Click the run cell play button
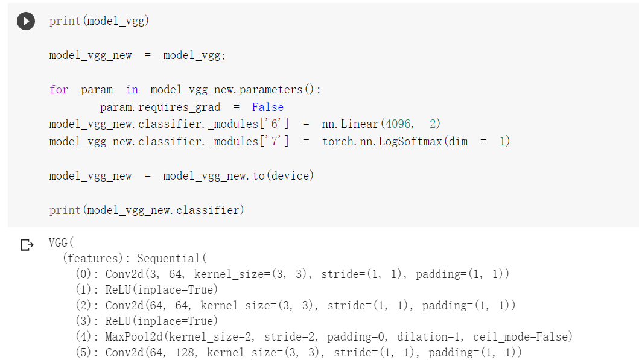click(x=25, y=22)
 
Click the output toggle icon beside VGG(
click(x=27, y=245)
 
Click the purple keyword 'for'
click(x=59, y=90)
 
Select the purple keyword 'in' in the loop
click(x=132, y=90)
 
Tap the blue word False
click(x=267, y=107)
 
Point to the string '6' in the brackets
click(x=280, y=124)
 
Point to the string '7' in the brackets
click(x=280, y=142)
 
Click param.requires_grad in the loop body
click(x=161, y=107)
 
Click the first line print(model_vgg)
click(x=99, y=21)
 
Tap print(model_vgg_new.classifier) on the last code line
click(x=147, y=210)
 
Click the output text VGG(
click(x=60, y=244)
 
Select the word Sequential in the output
click(x=170, y=259)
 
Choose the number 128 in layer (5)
click(x=185, y=352)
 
